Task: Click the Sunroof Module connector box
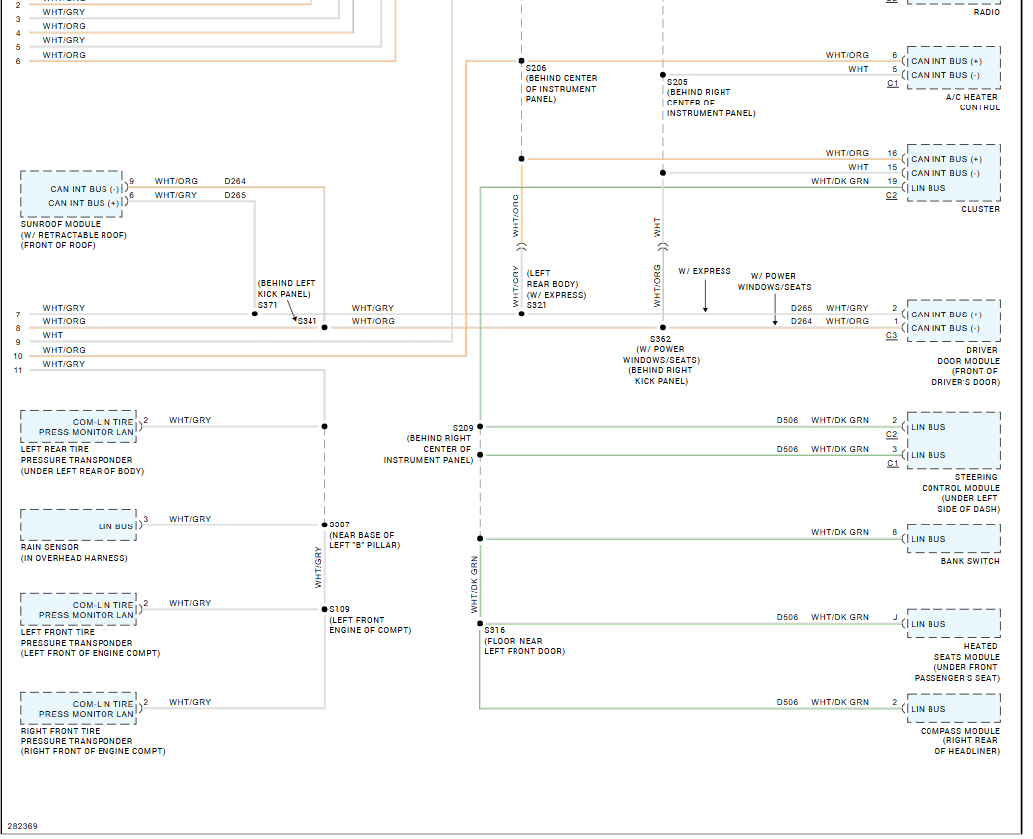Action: pyautogui.click(x=73, y=194)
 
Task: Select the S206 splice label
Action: pyautogui.click(x=536, y=68)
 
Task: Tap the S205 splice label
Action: pyautogui.click(x=677, y=82)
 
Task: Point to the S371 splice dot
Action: pyautogui.click(x=255, y=314)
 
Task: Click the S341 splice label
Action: pyautogui.click(x=307, y=321)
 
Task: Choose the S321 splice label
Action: pyautogui.click(x=537, y=305)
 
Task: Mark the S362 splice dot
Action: pyautogui.click(x=663, y=327)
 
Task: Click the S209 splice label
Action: pyautogui.click(x=463, y=428)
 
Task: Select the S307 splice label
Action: pyautogui.click(x=340, y=524)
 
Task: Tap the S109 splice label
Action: pyautogui.click(x=340, y=609)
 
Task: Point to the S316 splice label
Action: pyautogui.click(x=494, y=630)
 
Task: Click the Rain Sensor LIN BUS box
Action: pyautogui.click(x=79, y=525)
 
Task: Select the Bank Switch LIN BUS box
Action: pyautogui.click(x=954, y=539)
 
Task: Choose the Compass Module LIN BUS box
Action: pyautogui.click(x=954, y=708)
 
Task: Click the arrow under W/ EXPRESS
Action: pyautogui.click(x=705, y=296)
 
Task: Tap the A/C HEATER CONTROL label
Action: pyautogui.click(x=973, y=103)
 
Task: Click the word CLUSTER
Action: pyautogui.click(x=981, y=209)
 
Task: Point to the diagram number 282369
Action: pyautogui.click(x=23, y=826)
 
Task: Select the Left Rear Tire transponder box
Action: pyautogui.click(x=79, y=426)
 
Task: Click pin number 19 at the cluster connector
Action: pyautogui.click(x=892, y=181)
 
